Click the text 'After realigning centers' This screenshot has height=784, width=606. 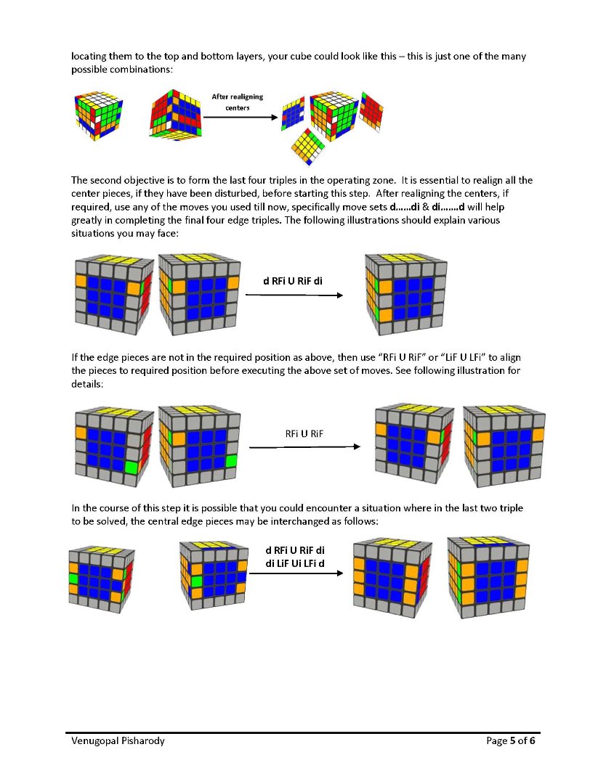click(237, 102)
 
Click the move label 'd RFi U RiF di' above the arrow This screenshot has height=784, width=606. click(293, 281)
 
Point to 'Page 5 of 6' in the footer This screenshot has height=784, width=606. click(511, 741)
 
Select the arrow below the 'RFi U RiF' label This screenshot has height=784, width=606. click(304, 446)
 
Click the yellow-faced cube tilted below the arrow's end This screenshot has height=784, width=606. click(308, 147)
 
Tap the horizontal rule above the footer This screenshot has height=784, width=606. click(304, 732)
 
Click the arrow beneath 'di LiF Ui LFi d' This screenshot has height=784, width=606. click(296, 573)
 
